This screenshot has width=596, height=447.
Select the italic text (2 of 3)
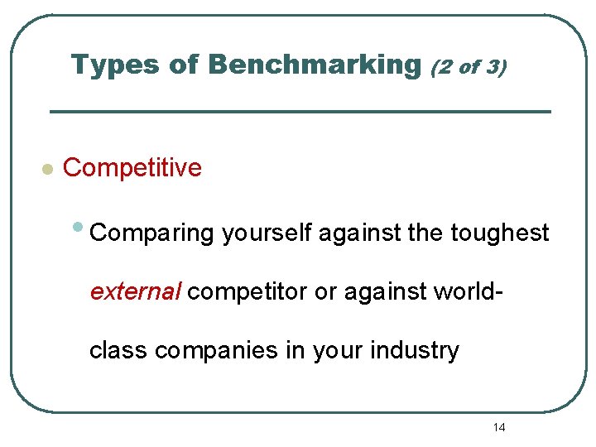pos(468,66)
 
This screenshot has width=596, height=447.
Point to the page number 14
pos(499,427)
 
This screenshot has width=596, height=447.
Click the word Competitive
pos(132,168)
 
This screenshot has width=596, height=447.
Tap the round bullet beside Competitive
pos(48,170)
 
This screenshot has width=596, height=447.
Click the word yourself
pos(267,234)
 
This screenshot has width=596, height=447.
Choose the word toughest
pos(500,234)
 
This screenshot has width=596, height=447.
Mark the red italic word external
pos(136,292)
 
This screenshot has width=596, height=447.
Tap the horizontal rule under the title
pos(300,112)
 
